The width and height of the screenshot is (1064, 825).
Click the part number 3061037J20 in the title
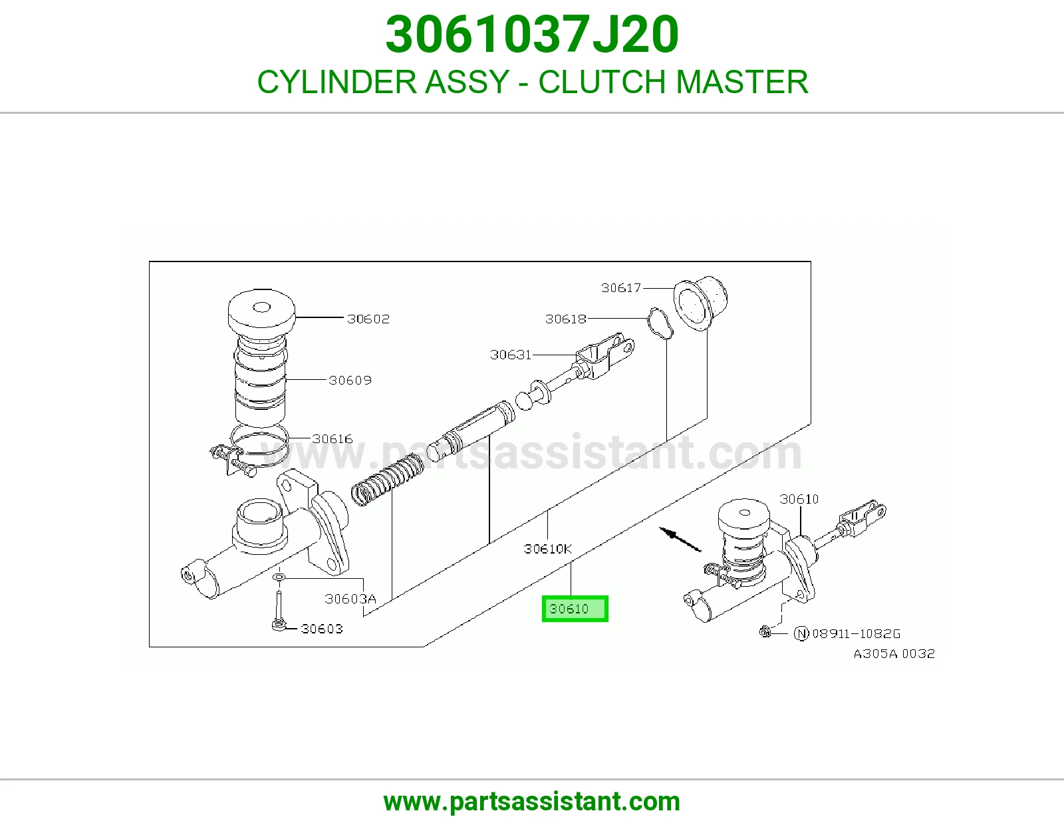[x=532, y=35]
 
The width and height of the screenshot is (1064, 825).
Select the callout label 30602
[x=368, y=319]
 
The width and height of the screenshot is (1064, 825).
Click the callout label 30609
[x=350, y=380]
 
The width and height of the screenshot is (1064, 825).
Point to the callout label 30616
[x=332, y=439]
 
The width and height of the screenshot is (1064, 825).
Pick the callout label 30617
[x=621, y=288]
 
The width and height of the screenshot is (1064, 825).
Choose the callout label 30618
[x=565, y=319]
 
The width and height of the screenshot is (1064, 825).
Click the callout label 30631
[x=511, y=355]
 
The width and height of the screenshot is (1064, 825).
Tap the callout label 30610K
[x=547, y=549]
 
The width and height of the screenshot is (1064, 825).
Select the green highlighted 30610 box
[x=575, y=609]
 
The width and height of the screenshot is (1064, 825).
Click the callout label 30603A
[x=350, y=599]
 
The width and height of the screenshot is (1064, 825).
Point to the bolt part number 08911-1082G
[x=856, y=634]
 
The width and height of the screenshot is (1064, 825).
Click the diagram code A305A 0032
[x=894, y=654]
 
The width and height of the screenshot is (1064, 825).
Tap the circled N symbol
[x=801, y=634]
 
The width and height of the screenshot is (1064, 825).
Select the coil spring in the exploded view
[x=388, y=480]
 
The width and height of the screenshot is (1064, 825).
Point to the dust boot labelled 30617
[x=701, y=303]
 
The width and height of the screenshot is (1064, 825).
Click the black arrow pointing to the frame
[x=680, y=540]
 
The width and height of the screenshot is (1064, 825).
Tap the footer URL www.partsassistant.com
[x=532, y=802]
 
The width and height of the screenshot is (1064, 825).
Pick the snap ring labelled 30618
[x=660, y=323]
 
